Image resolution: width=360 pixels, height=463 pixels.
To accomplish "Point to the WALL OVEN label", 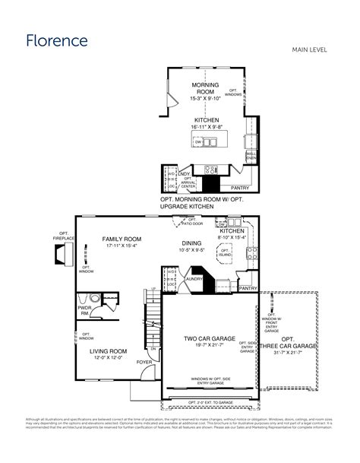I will point(251,156).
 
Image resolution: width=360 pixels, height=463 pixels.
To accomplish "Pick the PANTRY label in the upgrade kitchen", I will point(240,187).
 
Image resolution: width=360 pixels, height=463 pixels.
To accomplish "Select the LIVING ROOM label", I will point(108,351).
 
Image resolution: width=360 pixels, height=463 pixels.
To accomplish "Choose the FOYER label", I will point(144,363).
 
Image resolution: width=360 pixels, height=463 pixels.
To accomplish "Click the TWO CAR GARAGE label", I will point(210,338).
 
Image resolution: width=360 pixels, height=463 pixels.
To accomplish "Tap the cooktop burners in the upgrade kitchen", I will point(210,170).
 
